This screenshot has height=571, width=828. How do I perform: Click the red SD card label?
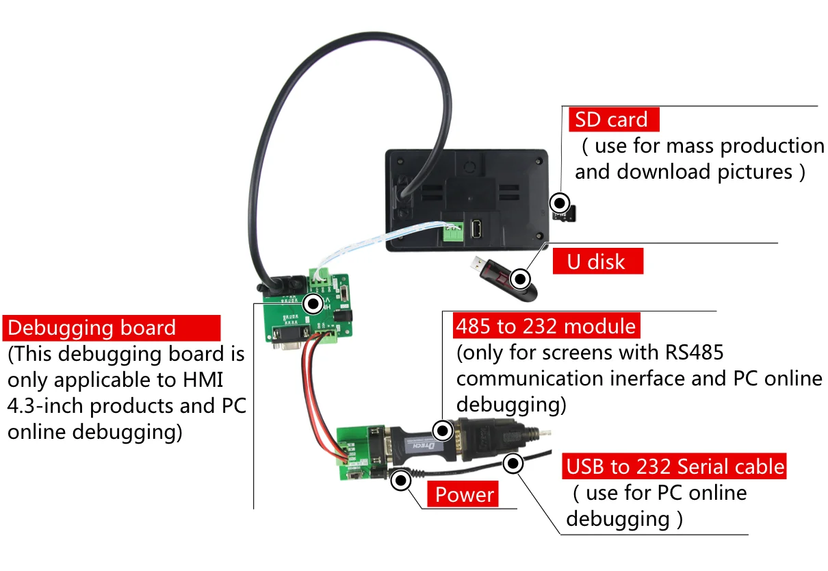(x=613, y=120)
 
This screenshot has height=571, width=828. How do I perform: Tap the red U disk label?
(x=597, y=262)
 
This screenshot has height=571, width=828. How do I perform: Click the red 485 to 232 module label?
(x=545, y=325)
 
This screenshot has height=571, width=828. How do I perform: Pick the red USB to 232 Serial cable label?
(x=674, y=467)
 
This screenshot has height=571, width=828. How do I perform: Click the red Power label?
(x=465, y=494)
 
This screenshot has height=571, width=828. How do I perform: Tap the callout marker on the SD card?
(x=560, y=203)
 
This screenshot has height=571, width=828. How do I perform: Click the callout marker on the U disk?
(x=521, y=279)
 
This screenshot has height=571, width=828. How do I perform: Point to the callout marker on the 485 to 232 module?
(x=443, y=431)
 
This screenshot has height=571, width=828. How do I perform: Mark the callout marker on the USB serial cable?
(x=513, y=464)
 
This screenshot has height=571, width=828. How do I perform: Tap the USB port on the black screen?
(x=477, y=228)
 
